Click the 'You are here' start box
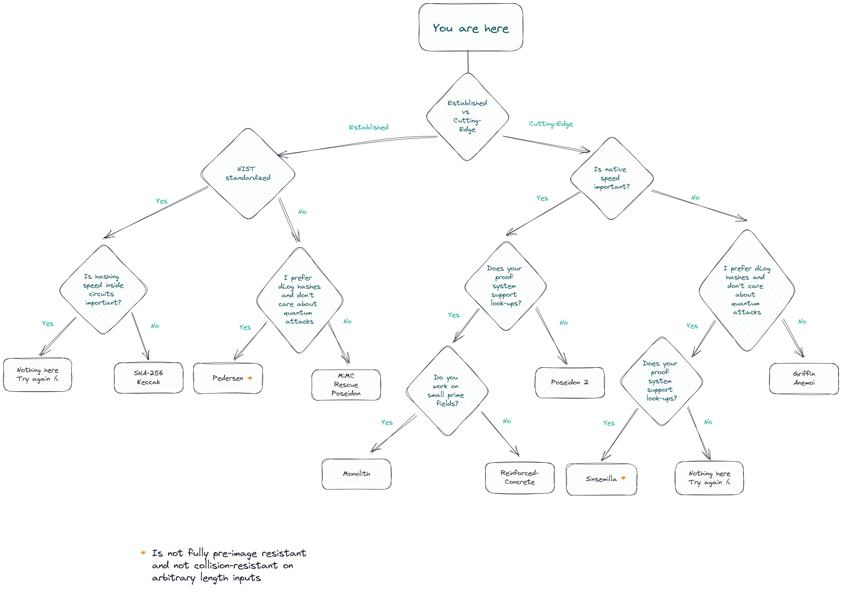tap(471, 28)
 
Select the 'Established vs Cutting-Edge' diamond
tap(467, 116)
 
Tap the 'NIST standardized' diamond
tap(248, 173)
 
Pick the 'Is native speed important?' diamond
tap(611, 178)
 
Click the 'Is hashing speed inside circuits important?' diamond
tap(103, 290)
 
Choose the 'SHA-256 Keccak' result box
tap(148, 378)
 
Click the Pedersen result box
tap(228, 378)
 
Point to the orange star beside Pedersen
tap(250, 378)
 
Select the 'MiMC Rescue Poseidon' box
tap(346, 385)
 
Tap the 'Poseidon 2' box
tap(569, 382)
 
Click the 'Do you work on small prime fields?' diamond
tap(447, 390)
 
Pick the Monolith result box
tap(356, 474)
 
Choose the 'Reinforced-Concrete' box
tap(520, 478)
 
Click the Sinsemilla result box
tap(601, 479)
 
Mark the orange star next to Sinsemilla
tap(623, 478)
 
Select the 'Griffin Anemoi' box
tap(803, 378)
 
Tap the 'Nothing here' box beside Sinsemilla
tap(709, 478)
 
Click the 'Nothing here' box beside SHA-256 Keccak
tap(38, 375)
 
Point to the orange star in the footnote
tap(143, 553)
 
